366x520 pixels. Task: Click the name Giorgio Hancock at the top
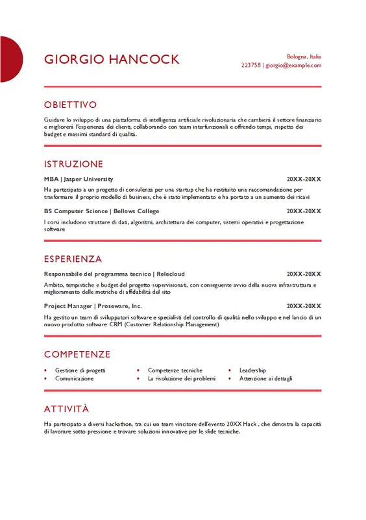[x=112, y=60]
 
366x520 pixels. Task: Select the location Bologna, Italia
[x=304, y=57]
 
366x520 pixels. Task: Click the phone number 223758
[x=250, y=66]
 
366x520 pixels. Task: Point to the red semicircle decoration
[x=10, y=60]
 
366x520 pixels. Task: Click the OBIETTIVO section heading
[x=70, y=105]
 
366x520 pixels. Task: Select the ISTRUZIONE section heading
[x=73, y=164]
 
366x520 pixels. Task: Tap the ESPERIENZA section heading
[x=73, y=259]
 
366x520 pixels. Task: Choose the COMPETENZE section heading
[x=77, y=354]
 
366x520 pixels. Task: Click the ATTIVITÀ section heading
[x=66, y=409]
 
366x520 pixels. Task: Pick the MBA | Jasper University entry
[x=79, y=179]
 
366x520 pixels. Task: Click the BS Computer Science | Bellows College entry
[x=101, y=211]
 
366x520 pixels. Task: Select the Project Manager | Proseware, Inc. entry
[x=93, y=306]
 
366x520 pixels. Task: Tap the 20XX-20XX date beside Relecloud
[x=304, y=274]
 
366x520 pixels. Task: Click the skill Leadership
[x=252, y=370]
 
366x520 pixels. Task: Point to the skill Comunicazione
[x=74, y=378]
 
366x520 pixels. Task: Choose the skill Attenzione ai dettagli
[x=265, y=378]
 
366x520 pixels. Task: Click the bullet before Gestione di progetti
[x=45, y=370]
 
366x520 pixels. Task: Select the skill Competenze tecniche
[x=175, y=370]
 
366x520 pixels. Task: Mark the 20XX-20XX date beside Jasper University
[x=304, y=179]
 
